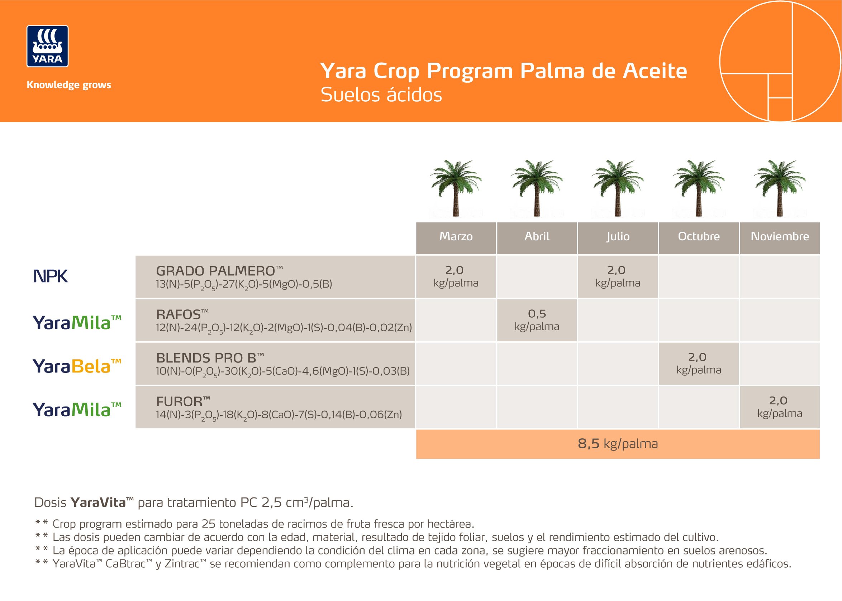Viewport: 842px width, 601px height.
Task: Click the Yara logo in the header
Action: [47, 46]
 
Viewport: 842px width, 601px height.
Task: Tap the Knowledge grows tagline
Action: [69, 85]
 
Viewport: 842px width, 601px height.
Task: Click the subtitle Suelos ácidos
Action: [381, 95]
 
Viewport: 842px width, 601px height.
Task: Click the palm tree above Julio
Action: [618, 188]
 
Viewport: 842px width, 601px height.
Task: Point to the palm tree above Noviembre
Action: [780, 188]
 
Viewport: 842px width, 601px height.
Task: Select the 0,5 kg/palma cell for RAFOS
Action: [537, 320]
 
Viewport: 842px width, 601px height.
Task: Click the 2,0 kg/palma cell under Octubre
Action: [699, 364]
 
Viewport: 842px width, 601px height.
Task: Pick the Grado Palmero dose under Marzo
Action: [456, 277]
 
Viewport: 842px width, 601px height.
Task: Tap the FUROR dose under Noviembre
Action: [780, 407]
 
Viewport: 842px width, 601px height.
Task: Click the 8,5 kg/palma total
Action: [618, 444]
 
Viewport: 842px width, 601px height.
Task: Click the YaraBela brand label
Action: [77, 366]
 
